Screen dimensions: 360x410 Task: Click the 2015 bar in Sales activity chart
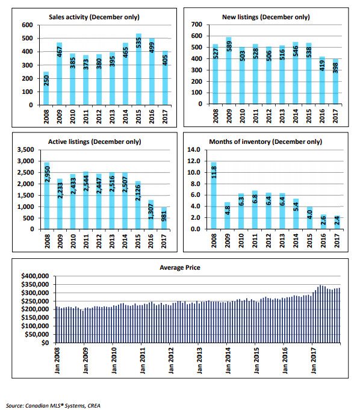pyautogui.click(x=138, y=69)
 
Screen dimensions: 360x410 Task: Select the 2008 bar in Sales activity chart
pyautogui.click(x=46, y=89)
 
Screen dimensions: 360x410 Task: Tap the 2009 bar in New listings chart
pyautogui.click(x=229, y=70)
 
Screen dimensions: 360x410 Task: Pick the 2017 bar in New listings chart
pyautogui.click(x=335, y=82)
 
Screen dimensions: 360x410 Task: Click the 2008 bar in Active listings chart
pyautogui.click(x=47, y=196)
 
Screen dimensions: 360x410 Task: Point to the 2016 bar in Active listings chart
pyautogui.click(x=151, y=215)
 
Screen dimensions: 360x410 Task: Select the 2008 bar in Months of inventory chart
pyautogui.click(x=214, y=196)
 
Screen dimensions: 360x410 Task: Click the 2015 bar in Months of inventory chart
pyautogui.click(x=309, y=218)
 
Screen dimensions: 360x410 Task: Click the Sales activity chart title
pyautogui.click(x=94, y=17)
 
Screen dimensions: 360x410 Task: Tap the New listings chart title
pyautogui.click(x=266, y=17)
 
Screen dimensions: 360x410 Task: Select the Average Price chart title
pyautogui.click(x=180, y=267)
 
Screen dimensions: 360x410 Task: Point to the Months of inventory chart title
pyautogui.click(x=265, y=141)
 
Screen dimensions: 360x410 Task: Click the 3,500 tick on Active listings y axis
pyautogui.click(x=26, y=150)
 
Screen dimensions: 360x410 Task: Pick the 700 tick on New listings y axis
pyautogui.click(x=197, y=25)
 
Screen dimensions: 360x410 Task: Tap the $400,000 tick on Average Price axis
pyautogui.click(x=35, y=276)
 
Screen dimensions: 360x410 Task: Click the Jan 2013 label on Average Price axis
pyautogui.click(x=199, y=360)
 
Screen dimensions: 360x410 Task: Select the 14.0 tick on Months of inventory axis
pyautogui.click(x=194, y=150)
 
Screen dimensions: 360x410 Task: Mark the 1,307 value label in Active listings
pyautogui.click(x=151, y=211)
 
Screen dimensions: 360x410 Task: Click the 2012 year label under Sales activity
pyautogui.click(x=99, y=116)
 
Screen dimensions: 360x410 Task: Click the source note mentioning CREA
pyautogui.click(x=53, y=406)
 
